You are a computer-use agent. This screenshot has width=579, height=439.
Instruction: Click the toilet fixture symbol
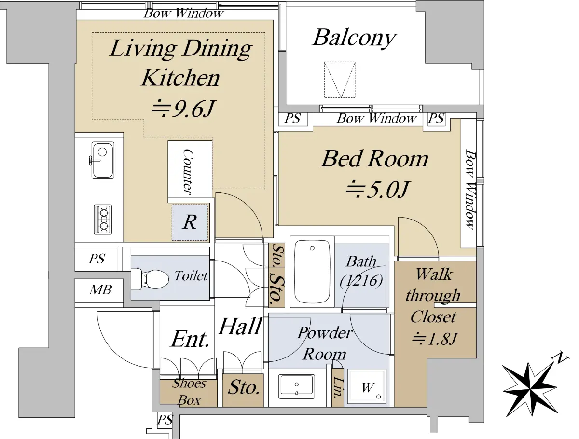pos(150,279)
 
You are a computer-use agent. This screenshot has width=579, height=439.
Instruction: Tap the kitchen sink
pos(103,160)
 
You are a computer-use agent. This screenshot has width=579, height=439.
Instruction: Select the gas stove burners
pos(103,219)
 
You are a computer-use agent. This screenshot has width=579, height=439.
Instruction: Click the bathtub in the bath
pos(312,272)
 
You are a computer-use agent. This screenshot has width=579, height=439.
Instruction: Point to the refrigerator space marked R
pos(190,222)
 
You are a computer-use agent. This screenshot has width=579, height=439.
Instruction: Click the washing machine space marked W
pos(367,386)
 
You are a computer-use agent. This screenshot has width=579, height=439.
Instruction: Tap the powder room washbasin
pos(297,387)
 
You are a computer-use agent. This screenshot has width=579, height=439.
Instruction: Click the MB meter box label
pos(100,290)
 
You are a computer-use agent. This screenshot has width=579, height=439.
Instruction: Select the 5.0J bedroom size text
pos(377,190)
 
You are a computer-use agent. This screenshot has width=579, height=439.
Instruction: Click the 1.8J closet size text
pos(434,339)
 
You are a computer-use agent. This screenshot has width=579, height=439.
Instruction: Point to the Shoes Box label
pos(189,392)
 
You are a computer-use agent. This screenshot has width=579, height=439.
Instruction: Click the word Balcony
pos(355,38)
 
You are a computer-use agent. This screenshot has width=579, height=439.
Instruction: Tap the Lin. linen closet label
pos(338,387)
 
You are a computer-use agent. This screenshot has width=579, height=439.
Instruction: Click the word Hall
pos(240,327)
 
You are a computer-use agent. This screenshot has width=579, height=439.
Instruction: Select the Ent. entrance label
pos(190,339)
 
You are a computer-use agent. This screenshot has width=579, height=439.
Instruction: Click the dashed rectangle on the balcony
pos(340,80)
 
